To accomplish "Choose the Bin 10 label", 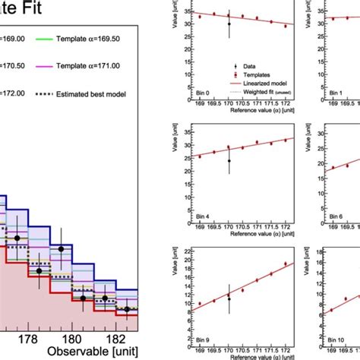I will pyautogui.click(x=335, y=337).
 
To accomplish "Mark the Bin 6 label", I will pyautogui.click(x=335, y=215).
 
